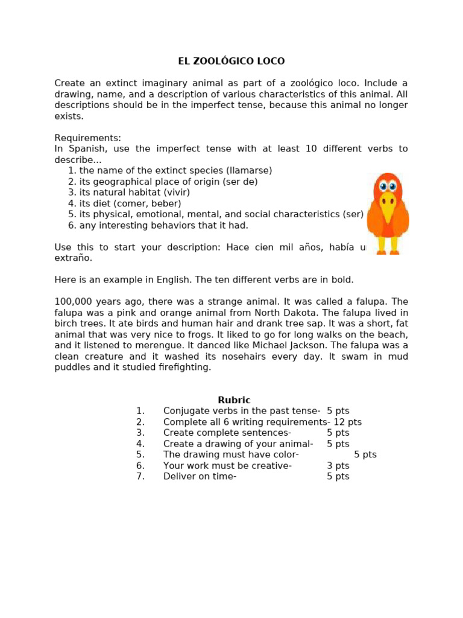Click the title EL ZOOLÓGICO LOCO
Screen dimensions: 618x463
coord(231,61)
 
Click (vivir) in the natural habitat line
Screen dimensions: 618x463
coord(175,193)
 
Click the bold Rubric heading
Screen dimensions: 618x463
coord(234,400)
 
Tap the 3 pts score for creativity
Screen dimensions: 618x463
coord(338,465)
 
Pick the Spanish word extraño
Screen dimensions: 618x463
coord(74,258)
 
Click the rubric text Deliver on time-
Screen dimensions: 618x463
coord(200,476)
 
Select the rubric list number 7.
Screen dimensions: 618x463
coord(140,476)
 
